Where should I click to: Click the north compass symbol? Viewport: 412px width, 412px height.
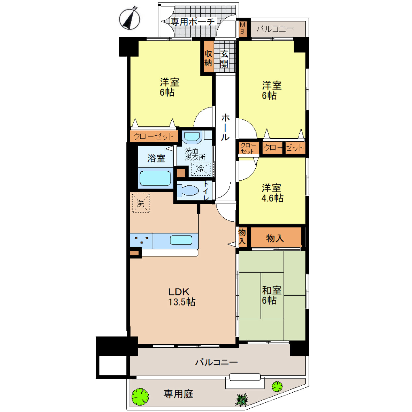point(129,19)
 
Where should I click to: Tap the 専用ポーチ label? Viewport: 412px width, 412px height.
point(193,22)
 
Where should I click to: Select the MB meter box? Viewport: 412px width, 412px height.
point(243,28)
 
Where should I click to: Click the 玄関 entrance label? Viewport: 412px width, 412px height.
point(224,59)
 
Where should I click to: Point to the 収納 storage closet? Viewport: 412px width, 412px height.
point(208,58)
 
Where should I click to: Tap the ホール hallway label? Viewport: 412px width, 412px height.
point(225,127)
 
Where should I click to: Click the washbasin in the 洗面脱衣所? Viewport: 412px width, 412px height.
point(192,136)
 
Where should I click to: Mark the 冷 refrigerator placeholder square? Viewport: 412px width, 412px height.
point(201,169)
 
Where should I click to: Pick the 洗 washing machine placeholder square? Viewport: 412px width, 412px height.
point(141,203)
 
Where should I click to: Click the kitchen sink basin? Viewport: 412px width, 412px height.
point(181,240)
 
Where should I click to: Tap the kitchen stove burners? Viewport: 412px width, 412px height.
point(141,240)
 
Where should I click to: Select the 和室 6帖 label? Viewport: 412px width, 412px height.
point(271,295)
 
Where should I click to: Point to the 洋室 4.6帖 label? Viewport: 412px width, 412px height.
point(272,193)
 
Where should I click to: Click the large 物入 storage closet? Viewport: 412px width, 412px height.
point(275,238)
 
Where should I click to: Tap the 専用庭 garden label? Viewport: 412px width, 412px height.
point(178,394)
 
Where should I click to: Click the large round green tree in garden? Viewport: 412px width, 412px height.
point(140,396)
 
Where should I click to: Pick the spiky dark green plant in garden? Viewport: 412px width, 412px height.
point(242,399)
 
